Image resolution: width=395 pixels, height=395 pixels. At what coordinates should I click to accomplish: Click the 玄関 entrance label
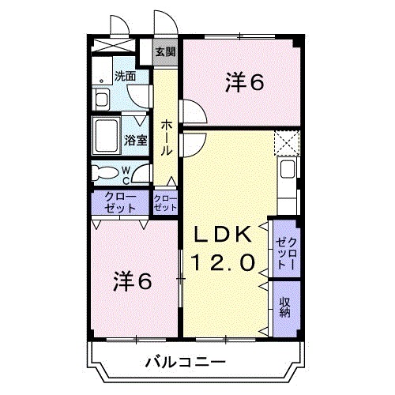(x=165, y=53)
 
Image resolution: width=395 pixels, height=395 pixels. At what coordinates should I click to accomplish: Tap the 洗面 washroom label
(x=125, y=77)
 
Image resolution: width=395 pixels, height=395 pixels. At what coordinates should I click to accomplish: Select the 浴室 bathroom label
(x=135, y=141)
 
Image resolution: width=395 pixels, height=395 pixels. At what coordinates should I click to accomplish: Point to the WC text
(x=125, y=174)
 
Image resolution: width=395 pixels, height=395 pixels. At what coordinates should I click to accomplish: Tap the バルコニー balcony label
(x=186, y=363)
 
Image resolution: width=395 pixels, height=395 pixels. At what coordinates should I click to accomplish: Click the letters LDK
(x=224, y=235)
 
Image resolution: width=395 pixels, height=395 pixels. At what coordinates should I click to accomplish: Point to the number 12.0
(x=224, y=261)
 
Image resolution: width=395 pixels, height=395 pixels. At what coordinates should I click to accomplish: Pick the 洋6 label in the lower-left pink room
(x=131, y=280)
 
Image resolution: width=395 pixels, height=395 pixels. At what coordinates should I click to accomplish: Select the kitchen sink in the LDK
(x=288, y=170)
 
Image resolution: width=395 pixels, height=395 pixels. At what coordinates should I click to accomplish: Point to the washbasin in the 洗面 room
(x=101, y=98)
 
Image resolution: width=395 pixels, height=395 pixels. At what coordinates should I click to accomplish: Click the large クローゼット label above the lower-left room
(x=119, y=202)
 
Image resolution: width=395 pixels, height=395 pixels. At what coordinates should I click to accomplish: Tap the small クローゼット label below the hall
(x=164, y=203)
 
